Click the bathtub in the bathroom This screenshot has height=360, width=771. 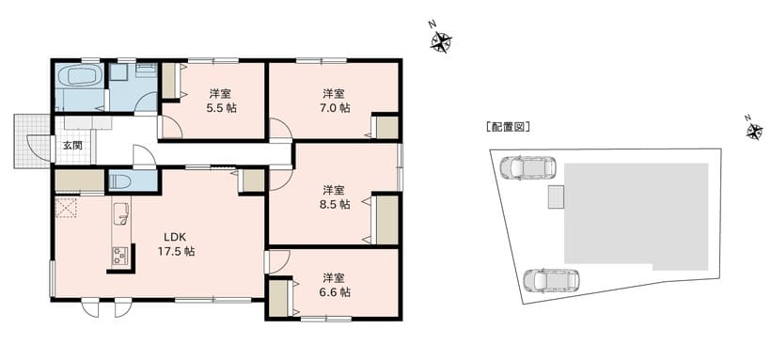78,77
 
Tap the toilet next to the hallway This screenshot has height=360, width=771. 119,181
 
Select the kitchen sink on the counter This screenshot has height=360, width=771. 120,214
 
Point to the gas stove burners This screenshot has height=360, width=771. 119,256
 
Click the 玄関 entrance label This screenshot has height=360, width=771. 72,145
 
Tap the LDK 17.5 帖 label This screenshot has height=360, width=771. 176,243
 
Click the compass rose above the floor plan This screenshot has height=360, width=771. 441,40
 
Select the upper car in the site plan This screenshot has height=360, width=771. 527,167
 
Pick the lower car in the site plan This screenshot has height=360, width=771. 551,280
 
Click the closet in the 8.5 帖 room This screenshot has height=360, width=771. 386,219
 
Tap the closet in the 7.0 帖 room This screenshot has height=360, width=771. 386,128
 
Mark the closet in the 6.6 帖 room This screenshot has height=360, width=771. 280,299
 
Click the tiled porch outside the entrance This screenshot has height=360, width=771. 32,141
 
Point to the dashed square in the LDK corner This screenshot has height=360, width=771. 67,207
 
